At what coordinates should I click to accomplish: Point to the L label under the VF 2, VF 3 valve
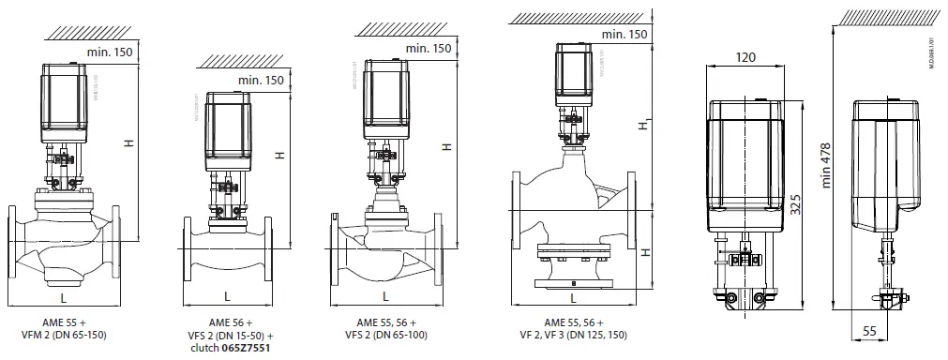click(x=573, y=297)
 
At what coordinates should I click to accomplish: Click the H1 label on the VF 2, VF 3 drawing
click(x=643, y=125)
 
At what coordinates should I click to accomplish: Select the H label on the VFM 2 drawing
click(x=128, y=142)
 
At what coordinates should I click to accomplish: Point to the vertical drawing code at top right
click(x=932, y=52)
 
